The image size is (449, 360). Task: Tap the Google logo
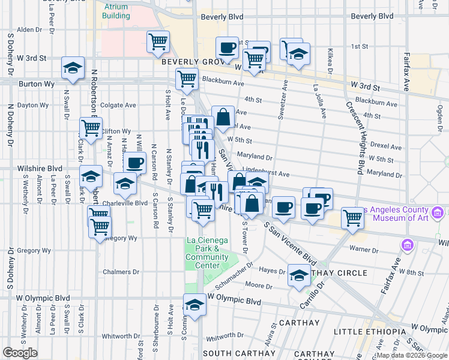[20, 353]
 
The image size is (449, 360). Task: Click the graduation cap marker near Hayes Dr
[299, 275]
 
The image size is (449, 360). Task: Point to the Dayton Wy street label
[32, 105]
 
